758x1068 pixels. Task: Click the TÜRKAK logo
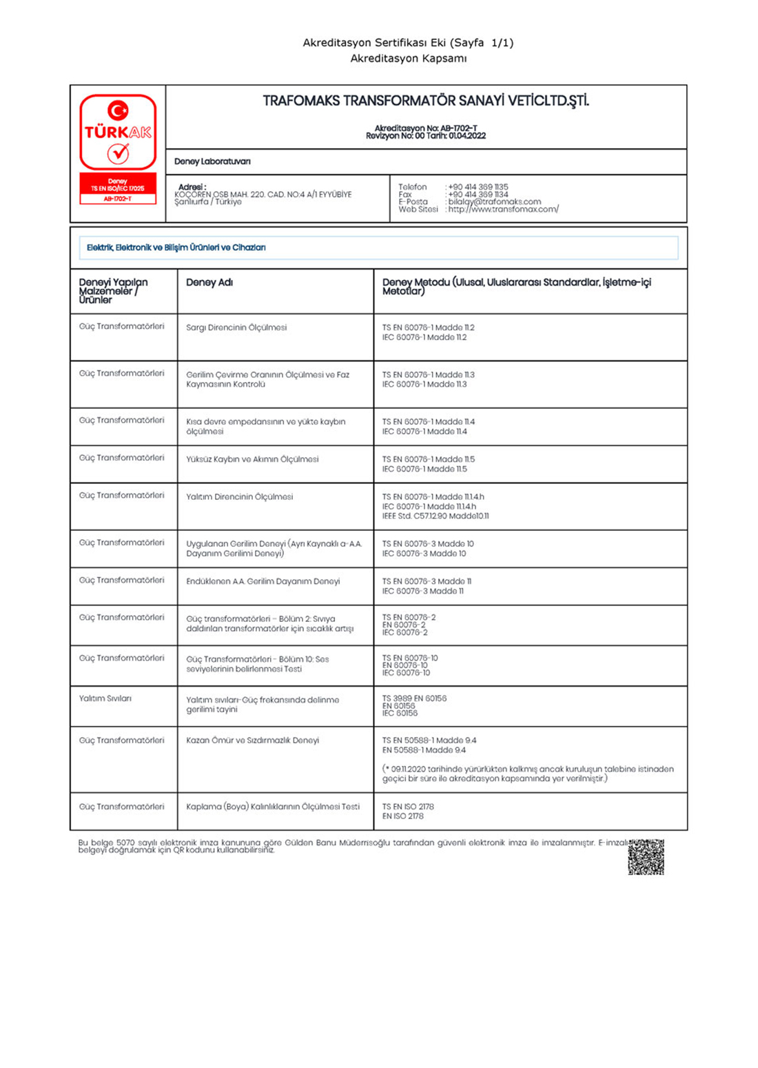click(x=118, y=132)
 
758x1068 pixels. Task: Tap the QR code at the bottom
click(x=646, y=857)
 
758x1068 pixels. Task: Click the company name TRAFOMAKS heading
click(x=426, y=101)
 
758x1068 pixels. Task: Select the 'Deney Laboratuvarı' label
click(x=212, y=161)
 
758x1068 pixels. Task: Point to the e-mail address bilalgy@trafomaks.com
click(x=494, y=202)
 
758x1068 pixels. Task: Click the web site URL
click(x=503, y=210)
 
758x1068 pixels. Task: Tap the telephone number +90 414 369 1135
click(x=478, y=187)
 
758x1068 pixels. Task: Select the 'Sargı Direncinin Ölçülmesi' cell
click(x=236, y=328)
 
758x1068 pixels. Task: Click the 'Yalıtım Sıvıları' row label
click(x=105, y=698)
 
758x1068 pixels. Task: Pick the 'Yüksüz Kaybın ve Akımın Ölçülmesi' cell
click(x=252, y=459)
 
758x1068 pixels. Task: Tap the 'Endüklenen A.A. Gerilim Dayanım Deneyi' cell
click(x=263, y=581)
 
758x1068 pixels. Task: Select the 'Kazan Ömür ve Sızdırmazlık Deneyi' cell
click(x=252, y=740)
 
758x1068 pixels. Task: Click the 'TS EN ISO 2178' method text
click(x=408, y=807)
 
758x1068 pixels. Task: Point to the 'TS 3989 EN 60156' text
click(x=414, y=698)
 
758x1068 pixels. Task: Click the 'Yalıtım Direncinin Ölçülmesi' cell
click(x=239, y=496)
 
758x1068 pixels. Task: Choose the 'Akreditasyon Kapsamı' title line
click(x=408, y=59)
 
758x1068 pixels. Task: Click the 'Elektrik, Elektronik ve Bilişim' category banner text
click(x=176, y=248)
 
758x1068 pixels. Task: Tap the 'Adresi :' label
click(x=192, y=187)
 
